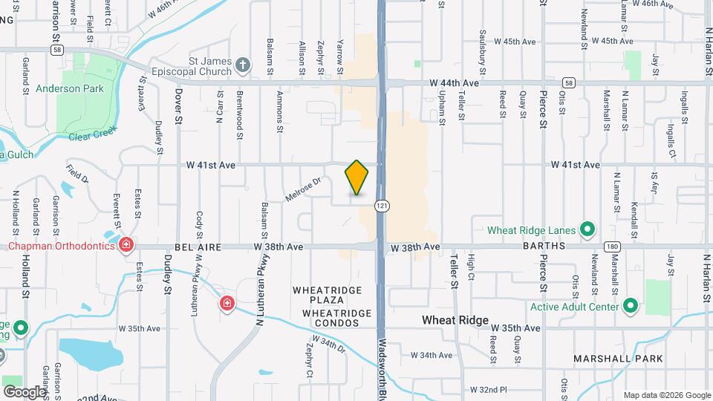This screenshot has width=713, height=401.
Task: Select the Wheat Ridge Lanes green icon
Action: pos(587,229)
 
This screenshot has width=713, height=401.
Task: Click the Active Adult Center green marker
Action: pos(631,306)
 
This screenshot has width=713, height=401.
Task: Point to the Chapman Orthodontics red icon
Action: pos(126,244)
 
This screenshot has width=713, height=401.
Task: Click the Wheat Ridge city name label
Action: pos(455,320)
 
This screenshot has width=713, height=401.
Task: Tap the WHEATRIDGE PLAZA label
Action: pos(328,295)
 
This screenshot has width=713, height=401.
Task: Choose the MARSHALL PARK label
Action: pos(608,359)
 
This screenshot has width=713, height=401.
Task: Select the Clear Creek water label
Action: pos(93,136)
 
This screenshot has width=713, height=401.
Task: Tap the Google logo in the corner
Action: pos(25,391)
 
